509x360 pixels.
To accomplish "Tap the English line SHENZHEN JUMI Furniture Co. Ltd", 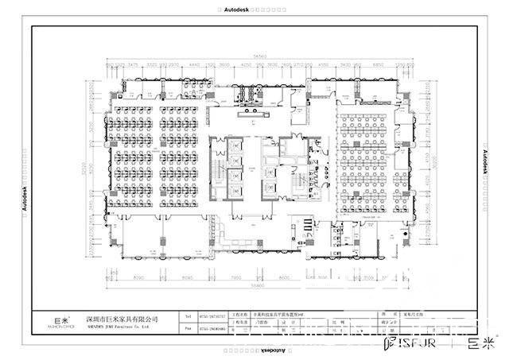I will (x=122, y=326).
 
